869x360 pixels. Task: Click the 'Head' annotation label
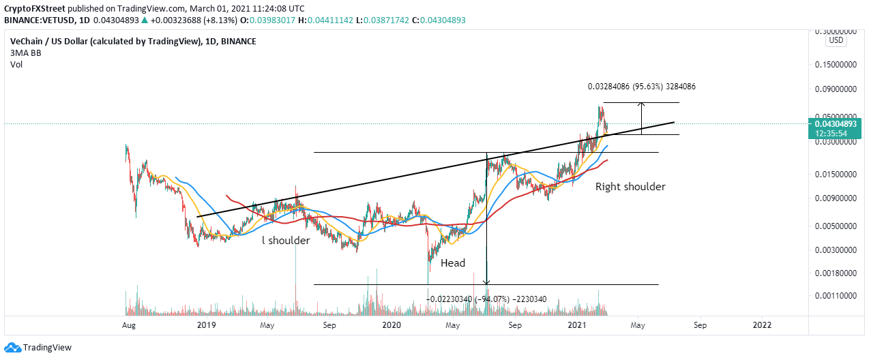pyautogui.click(x=452, y=263)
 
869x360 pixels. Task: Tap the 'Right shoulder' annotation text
pyautogui.click(x=630, y=186)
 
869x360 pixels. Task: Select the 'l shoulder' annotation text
pyautogui.click(x=286, y=240)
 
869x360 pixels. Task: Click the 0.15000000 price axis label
pyautogui.click(x=836, y=65)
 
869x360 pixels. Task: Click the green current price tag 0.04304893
pyautogui.click(x=836, y=125)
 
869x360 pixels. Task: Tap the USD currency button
pyautogui.click(x=836, y=41)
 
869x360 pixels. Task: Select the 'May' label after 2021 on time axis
pyautogui.click(x=638, y=325)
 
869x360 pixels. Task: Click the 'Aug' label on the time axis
pyautogui.click(x=128, y=325)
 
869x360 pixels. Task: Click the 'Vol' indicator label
pyautogui.click(x=16, y=66)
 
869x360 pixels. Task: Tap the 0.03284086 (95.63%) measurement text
pyautogui.click(x=641, y=87)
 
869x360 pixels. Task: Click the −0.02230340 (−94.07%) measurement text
pyautogui.click(x=486, y=299)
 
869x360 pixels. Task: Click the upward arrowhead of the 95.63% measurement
pyautogui.click(x=641, y=104)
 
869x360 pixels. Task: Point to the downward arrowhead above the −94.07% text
pyautogui.click(x=486, y=281)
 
